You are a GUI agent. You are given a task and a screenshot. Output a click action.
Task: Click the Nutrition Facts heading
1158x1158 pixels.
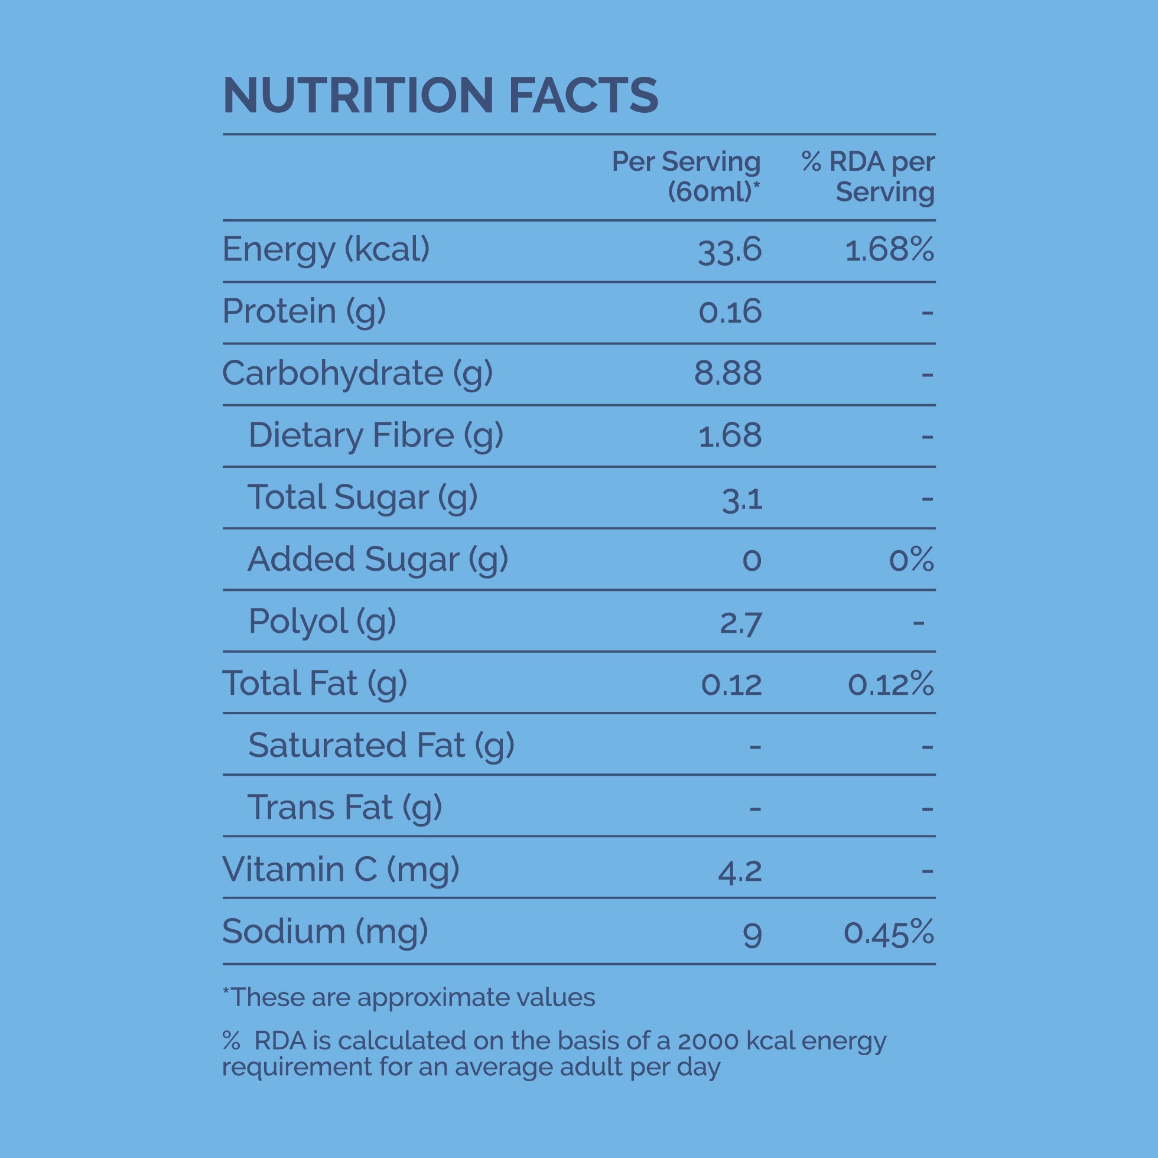[x=440, y=95]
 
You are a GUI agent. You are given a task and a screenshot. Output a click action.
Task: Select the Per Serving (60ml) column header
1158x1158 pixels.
[x=686, y=176]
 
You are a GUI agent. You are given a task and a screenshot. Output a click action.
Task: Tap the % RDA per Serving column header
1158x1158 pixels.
[x=868, y=176]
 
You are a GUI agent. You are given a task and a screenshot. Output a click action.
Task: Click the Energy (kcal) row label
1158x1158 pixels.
[x=326, y=249]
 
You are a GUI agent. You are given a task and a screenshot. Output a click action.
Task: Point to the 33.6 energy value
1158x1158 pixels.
[x=730, y=251]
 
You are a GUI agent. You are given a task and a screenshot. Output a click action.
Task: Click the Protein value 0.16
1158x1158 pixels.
[x=730, y=312]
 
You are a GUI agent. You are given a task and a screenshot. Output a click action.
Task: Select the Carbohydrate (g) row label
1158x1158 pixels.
[x=357, y=373]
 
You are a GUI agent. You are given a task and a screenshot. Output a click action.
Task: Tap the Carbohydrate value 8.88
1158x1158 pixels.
[x=728, y=373]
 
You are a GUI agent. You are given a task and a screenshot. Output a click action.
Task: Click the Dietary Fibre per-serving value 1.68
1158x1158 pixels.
[x=730, y=436]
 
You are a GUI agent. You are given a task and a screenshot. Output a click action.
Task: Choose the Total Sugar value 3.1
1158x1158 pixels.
[x=742, y=499]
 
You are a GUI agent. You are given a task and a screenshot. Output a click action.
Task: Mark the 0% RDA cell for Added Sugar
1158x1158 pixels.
[x=911, y=560]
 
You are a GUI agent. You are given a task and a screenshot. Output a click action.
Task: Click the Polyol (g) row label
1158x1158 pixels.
[x=322, y=622]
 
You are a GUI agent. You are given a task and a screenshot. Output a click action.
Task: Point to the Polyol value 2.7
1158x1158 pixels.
[x=740, y=623]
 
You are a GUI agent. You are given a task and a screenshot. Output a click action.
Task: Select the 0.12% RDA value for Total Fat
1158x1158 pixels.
[x=890, y=684]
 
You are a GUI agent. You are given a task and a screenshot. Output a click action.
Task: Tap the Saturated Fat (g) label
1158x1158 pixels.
[x=380, y=746]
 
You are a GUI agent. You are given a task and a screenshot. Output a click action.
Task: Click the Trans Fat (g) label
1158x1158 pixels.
[x=344, y=808]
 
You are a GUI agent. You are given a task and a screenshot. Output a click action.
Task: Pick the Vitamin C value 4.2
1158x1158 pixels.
[x=740, y=870]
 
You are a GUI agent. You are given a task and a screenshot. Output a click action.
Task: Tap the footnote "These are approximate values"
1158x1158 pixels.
[x=408, y=997]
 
